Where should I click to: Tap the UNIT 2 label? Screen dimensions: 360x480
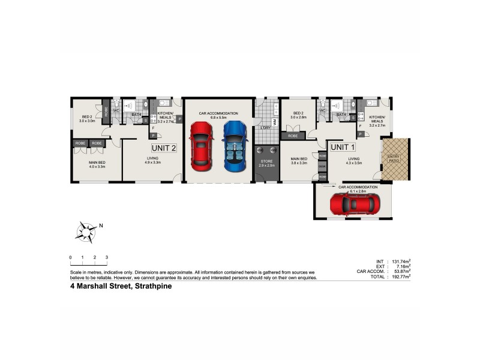164,148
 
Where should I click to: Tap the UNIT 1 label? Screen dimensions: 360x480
343,147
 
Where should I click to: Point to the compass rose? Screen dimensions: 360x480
88,232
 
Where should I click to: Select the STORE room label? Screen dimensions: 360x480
266,163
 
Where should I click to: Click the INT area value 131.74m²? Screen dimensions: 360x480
400,262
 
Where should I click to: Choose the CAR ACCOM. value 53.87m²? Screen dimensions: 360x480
400,272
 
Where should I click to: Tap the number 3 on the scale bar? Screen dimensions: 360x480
106,257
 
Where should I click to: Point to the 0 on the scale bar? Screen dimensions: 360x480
71,257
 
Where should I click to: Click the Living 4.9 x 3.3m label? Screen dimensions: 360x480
152,160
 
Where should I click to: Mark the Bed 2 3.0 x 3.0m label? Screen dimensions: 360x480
87,119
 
